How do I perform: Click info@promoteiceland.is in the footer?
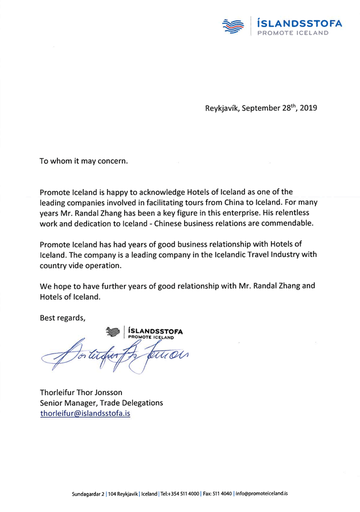point(261,493)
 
